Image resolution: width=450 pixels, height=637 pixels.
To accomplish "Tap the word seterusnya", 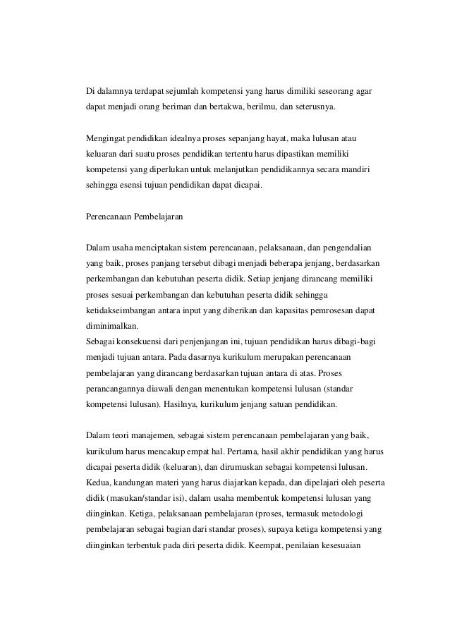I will (315, 109).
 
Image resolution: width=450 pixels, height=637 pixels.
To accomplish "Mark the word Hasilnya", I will (200, 404).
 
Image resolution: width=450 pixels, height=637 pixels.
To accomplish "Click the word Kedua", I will (97, 482).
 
